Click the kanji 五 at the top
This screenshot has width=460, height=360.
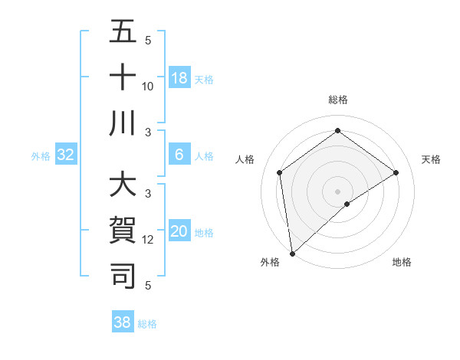(x=123, y=33)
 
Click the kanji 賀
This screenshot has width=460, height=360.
(x=123, y=231)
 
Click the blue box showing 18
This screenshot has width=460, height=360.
(x=179, y=78)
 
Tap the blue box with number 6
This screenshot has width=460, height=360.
(x=179, y=155)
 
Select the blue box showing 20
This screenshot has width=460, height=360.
(x=179, y=232)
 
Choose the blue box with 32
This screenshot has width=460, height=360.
(x=66, y=155)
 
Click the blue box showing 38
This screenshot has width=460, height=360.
(x=123, y=322)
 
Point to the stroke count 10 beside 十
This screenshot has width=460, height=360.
(x=148, y=86)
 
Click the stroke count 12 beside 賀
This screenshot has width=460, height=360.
(x=148, y=240)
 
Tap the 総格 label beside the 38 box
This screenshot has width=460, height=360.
(x=147, y=324)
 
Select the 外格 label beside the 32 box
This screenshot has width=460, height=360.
(x=41, y=156)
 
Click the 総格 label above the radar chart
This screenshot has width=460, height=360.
(x=337, y=100)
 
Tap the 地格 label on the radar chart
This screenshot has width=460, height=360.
(x=402, y=262)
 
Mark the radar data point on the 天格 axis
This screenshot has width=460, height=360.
(x=396, y=172)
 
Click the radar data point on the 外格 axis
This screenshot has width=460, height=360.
(x=292, y=253)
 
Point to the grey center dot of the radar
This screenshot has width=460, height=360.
(x=337, y=191)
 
